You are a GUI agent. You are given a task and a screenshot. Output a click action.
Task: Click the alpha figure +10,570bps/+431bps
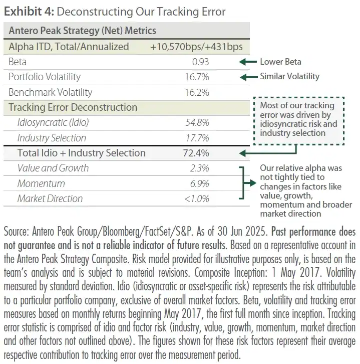pyautogui.click(x=196, y=47)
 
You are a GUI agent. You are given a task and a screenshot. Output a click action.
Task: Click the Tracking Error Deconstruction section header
pyautogui.click(x=73, y=107)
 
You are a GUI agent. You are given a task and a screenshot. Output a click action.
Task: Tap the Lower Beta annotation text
pyautogui.click(x=280, y=62)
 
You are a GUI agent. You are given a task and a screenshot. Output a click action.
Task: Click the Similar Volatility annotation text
pyautogui.click(x=289, y=77)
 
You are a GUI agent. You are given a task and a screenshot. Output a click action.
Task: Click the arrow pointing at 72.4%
pyautogui.click(x=250, y=153)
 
